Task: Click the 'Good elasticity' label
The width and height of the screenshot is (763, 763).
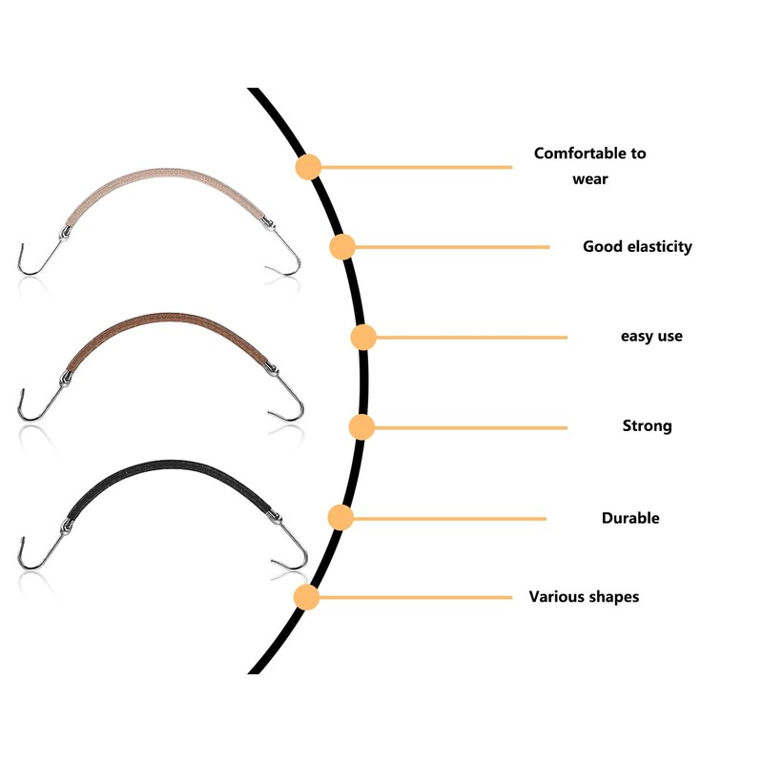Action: [637, 246]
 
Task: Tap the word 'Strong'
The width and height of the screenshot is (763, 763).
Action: [647, 425]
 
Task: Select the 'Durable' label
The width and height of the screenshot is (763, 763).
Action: [629, 518]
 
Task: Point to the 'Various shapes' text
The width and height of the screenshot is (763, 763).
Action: [584, 597]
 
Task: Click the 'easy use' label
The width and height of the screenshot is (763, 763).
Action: [651, 336]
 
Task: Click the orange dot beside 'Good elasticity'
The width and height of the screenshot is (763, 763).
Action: [342, 247]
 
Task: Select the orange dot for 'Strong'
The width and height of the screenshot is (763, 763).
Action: [361, 426]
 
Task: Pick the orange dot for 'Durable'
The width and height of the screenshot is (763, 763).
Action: [340, 518]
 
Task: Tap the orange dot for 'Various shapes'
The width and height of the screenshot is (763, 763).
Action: [306, 598]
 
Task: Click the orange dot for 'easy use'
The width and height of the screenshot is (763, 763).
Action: [363, 337]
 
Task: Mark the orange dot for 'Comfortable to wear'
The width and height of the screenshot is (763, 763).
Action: [307, 167]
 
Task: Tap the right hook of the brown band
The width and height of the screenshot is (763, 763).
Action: [289, 401]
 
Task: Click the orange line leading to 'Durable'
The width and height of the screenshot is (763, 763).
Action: [448, 519]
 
